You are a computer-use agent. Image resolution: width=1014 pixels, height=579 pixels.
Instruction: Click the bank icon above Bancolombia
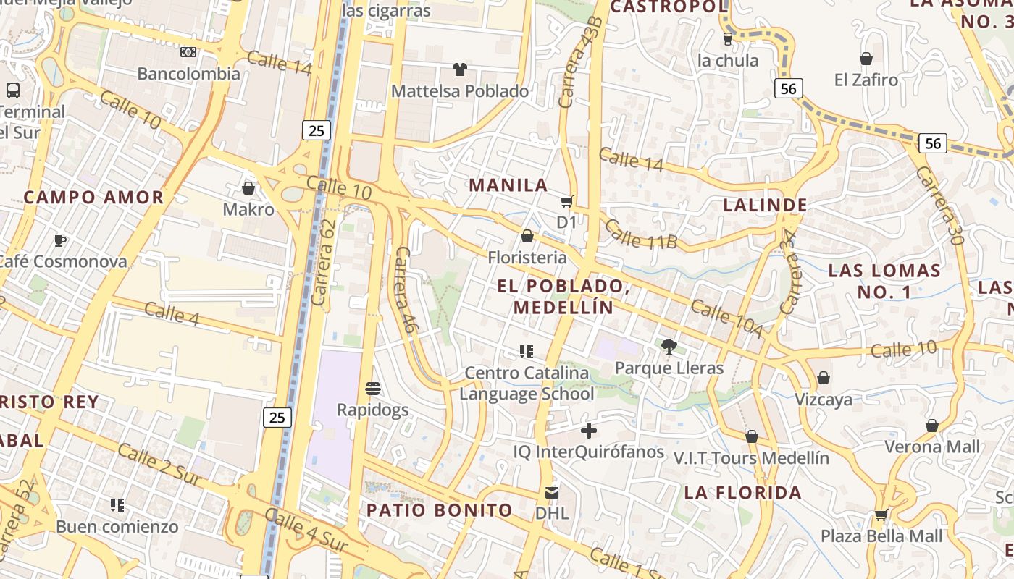pos(188,52)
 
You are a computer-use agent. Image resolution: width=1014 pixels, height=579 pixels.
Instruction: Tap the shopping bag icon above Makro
pos(248,188)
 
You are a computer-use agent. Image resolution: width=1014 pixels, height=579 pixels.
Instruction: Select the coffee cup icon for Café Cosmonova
pos(60,240)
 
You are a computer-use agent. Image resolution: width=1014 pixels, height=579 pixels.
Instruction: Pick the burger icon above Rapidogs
pos(373,389)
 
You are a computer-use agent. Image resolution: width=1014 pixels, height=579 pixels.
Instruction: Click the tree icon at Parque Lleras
pos(669,347)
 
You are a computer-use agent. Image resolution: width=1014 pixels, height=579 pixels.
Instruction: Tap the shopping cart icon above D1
pos(566,201)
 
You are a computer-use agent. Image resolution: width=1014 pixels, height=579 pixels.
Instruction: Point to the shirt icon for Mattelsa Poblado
pos(459,69)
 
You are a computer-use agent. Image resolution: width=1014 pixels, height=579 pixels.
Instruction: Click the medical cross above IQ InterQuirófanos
pos(589,431)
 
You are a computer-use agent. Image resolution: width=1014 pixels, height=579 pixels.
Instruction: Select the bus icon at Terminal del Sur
pos(13,90)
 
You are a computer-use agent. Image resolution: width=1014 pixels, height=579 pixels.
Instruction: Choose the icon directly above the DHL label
pos(552,493)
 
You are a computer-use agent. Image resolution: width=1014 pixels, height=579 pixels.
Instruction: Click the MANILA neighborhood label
pos(508,185)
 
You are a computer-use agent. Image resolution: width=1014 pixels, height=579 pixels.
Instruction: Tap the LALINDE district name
pos(765,205)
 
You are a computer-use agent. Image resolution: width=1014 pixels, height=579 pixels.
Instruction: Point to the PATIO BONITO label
pos(440,510)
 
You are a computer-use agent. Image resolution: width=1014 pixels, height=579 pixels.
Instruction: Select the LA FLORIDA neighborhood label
pos(743,493)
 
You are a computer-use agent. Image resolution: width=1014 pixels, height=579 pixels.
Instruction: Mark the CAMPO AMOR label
pos(94,197)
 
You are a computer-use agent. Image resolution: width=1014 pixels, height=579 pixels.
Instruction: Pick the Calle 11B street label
pos(640,234)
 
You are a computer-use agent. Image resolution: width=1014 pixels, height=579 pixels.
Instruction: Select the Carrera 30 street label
pos(939,205)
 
